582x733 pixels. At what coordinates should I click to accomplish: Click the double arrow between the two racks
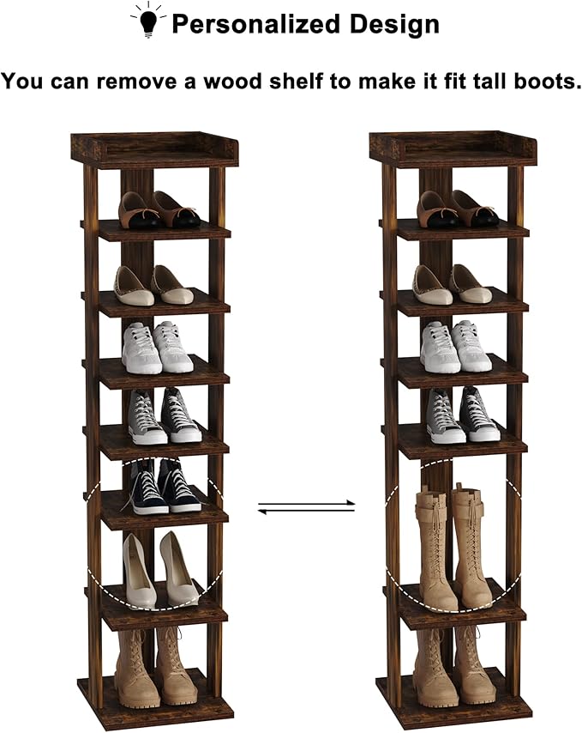click(306, 507)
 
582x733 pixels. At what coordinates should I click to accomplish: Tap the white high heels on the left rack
click(159, 569)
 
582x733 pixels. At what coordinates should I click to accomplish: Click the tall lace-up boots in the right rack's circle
click(451, 544)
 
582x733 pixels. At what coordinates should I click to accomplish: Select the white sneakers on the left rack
click(157, 347)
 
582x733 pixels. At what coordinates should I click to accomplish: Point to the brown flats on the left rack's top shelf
click(159, 210)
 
